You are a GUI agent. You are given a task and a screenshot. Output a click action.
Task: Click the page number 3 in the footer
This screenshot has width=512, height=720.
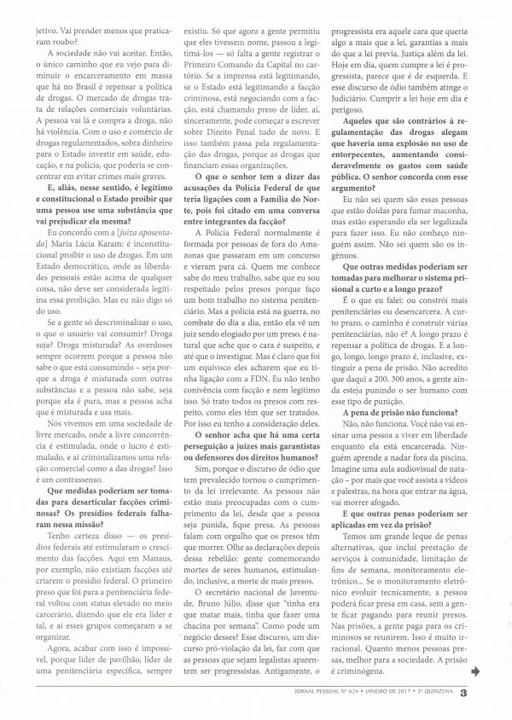click(486, 692)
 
